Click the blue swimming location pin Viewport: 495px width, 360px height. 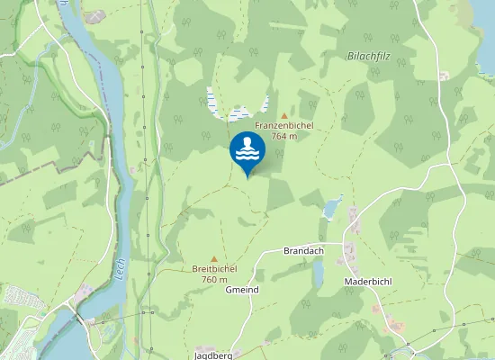[x=247, y=151]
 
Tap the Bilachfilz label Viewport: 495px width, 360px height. [x=369, y=56]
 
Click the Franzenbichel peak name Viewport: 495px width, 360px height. [x=283, y=125]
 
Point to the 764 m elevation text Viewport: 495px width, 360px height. [x=283, y=136]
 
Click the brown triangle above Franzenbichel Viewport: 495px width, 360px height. [x=284, y=115]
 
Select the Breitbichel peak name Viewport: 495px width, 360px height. [x=214, y=268]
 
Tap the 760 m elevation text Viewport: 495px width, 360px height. [x=214, y=279]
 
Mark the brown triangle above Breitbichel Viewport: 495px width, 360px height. [x=214, y=258]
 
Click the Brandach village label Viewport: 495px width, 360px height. [x=302, y=250]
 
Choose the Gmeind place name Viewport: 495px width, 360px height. [x=242, y=290]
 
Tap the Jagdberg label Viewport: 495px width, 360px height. [x=213, y=355]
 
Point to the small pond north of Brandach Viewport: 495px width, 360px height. [x=332, y=209]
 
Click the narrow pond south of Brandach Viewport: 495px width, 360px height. [x=318, y=274]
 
